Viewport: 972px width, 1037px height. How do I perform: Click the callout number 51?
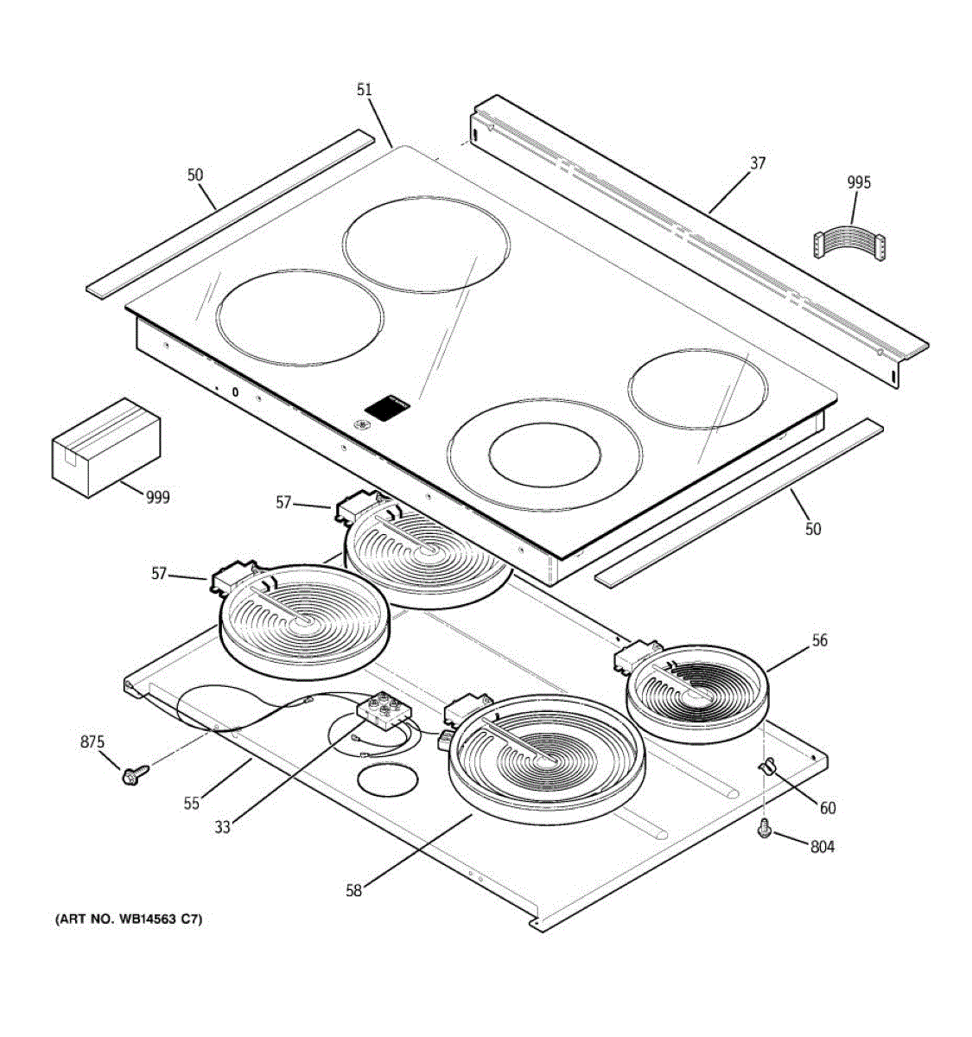pos(364,89)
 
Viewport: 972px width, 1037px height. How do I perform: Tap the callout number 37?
pos(757,162)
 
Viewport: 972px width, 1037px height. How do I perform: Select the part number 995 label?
pos(859,182)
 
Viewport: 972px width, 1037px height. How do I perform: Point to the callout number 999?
pos(157,497)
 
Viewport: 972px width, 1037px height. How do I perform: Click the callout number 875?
pos(92,741)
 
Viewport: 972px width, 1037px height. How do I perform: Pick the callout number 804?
pos(822,847)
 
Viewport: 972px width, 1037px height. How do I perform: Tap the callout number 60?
pos(828,808)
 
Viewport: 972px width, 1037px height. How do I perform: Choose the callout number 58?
pos(354,891)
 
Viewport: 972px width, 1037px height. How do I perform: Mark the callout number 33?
pos(223,827)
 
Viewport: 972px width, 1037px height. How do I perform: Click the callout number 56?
pos(819,640)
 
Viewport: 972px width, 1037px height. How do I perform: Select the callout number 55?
pos(191,803)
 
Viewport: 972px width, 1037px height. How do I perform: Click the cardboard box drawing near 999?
pos(106,447)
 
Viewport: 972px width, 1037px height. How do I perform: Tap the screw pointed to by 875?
pos(134,773)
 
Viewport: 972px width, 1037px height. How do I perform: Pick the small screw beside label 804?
pos(764,830)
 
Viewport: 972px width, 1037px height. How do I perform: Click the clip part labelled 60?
pos(766,766)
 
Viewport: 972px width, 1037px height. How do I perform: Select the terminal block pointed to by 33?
pos(383,712)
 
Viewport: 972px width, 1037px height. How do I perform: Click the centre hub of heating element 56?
pos(696,692)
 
